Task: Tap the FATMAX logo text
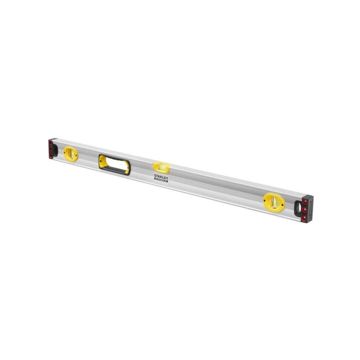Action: [x=161, y=180]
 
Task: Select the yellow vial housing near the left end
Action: [x=71, y=154]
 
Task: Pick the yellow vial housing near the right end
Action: [x=274, y=202]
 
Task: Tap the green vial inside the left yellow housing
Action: [x=71, y=154]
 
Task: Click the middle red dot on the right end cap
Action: [x=304, y=210]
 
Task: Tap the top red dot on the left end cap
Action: [x=51, y=143]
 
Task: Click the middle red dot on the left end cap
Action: [x=51, y=149]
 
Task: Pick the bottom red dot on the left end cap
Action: [x=51, y=156]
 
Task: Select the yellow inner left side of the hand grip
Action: [x=102, y=162]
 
